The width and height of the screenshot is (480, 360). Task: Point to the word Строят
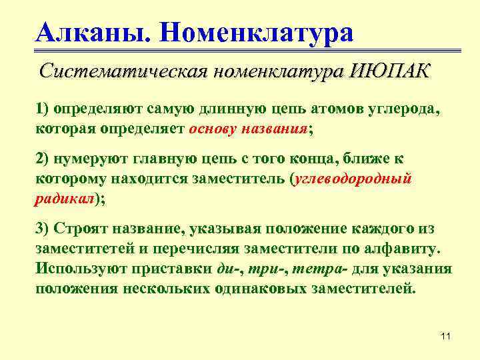[x=81, y=229]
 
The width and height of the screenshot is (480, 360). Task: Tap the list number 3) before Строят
[x=43, y=229]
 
